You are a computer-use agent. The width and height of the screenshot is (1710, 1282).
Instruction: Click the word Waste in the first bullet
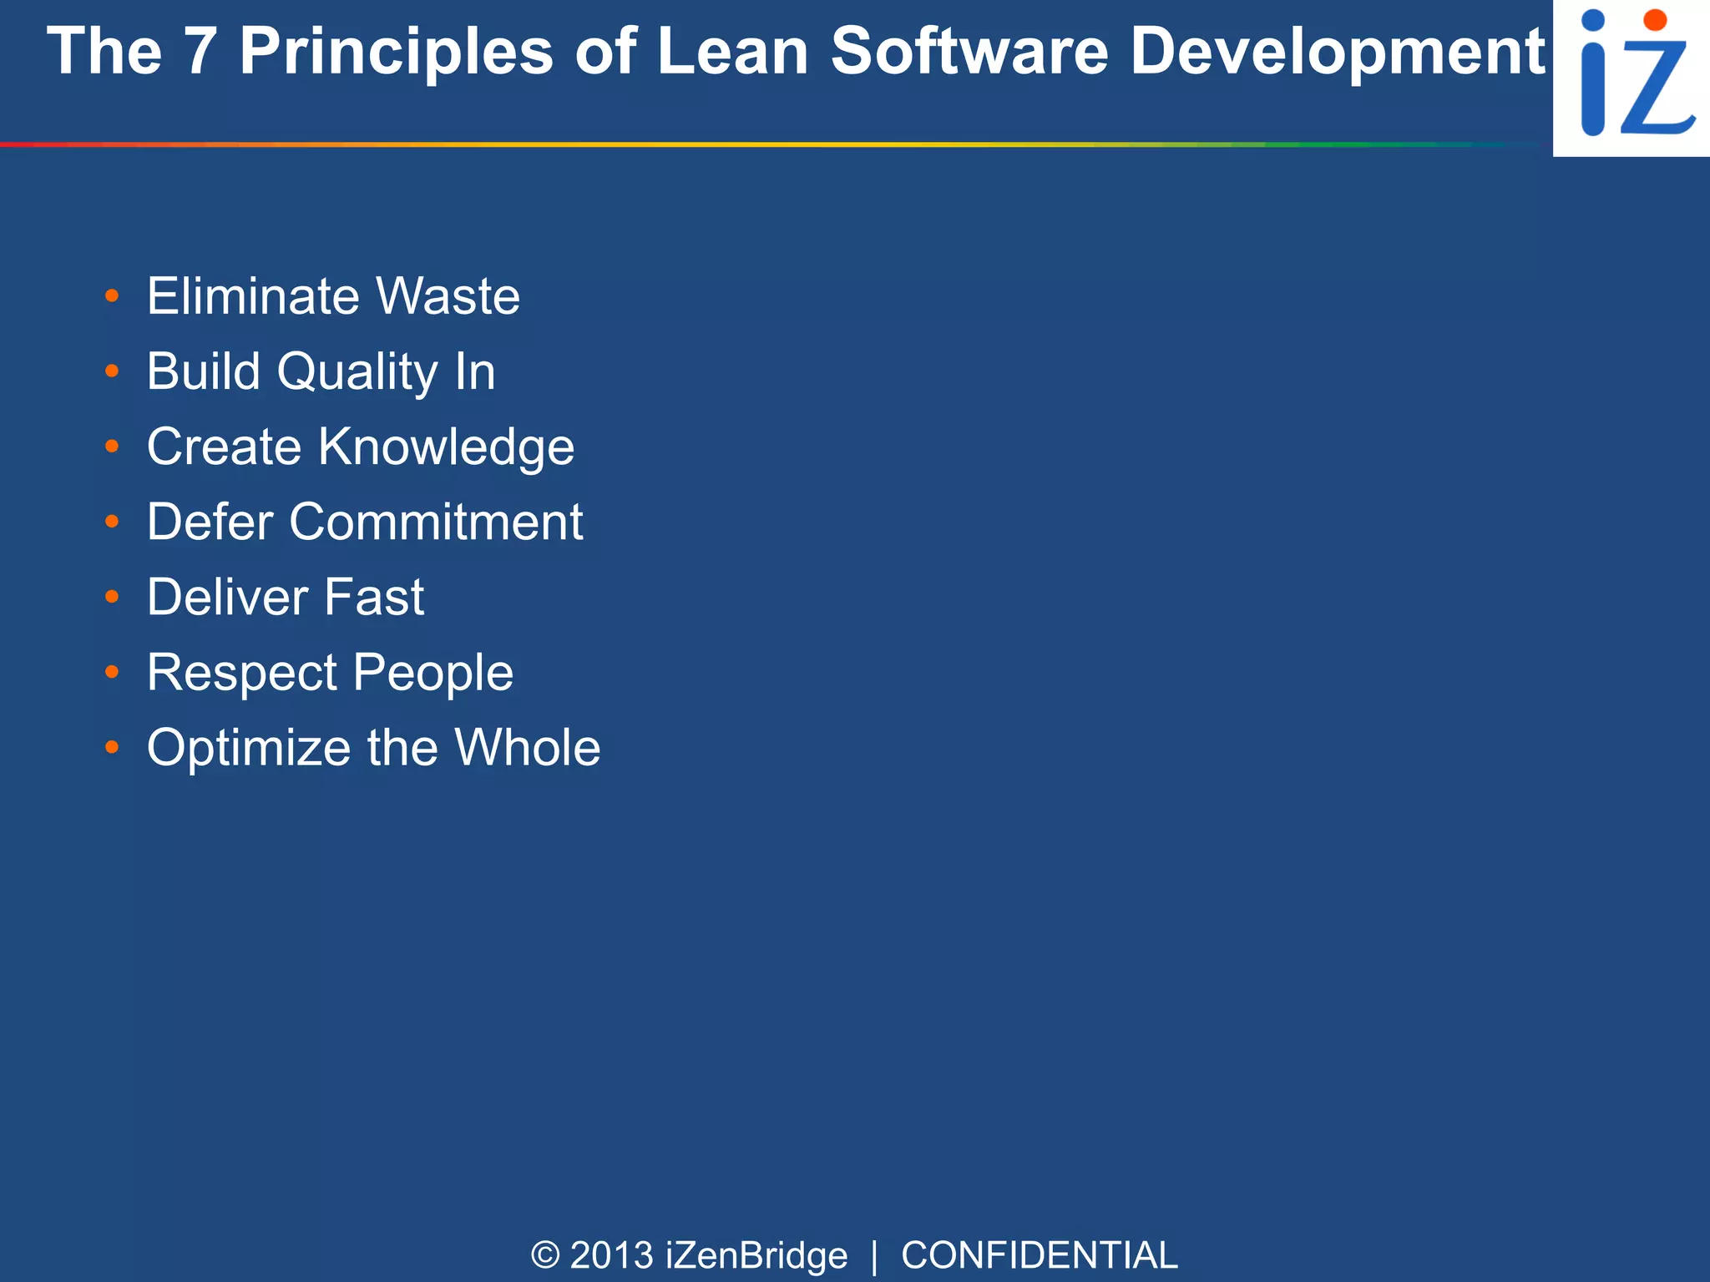448,296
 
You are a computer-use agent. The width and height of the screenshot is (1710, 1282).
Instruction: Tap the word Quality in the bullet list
357,372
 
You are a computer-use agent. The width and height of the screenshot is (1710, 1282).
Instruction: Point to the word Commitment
436,522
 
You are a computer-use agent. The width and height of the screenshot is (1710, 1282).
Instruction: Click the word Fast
373,598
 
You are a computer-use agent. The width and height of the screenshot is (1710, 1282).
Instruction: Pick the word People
433,673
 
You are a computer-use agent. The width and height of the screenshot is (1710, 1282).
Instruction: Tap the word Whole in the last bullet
527,748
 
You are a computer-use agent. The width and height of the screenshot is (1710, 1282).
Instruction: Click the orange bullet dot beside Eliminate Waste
113,296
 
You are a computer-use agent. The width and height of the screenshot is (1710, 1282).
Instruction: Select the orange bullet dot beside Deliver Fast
113,597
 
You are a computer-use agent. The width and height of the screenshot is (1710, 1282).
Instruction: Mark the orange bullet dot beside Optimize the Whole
113,747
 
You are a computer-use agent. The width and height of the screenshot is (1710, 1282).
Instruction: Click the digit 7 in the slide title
200,52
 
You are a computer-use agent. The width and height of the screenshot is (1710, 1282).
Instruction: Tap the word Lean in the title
732,52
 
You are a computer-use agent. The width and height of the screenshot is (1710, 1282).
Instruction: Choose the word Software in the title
969,52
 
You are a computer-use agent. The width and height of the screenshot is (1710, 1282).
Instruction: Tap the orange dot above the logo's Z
1654,21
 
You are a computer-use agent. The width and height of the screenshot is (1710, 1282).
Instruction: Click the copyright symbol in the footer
545,1255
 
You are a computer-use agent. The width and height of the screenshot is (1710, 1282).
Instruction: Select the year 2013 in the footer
611,1255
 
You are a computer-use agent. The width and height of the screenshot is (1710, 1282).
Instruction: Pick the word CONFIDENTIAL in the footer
1039,1255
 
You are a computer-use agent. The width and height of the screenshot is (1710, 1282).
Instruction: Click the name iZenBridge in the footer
756,1255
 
